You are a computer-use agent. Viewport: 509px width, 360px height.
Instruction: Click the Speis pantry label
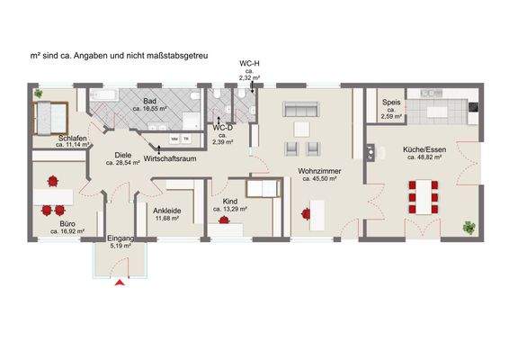(390, 103)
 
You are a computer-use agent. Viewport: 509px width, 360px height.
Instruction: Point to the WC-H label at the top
(250, 64)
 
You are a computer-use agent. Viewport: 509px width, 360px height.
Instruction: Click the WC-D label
(223, 129)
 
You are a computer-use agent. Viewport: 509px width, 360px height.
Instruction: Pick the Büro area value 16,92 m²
(67, 231)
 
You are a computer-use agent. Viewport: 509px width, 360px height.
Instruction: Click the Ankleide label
(168, 211)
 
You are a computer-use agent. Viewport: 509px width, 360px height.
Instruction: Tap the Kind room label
(230, 202)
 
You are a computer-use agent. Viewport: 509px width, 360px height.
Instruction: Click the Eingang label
(121, 238)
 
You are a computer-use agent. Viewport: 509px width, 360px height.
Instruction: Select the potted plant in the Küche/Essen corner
(469, 228)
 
